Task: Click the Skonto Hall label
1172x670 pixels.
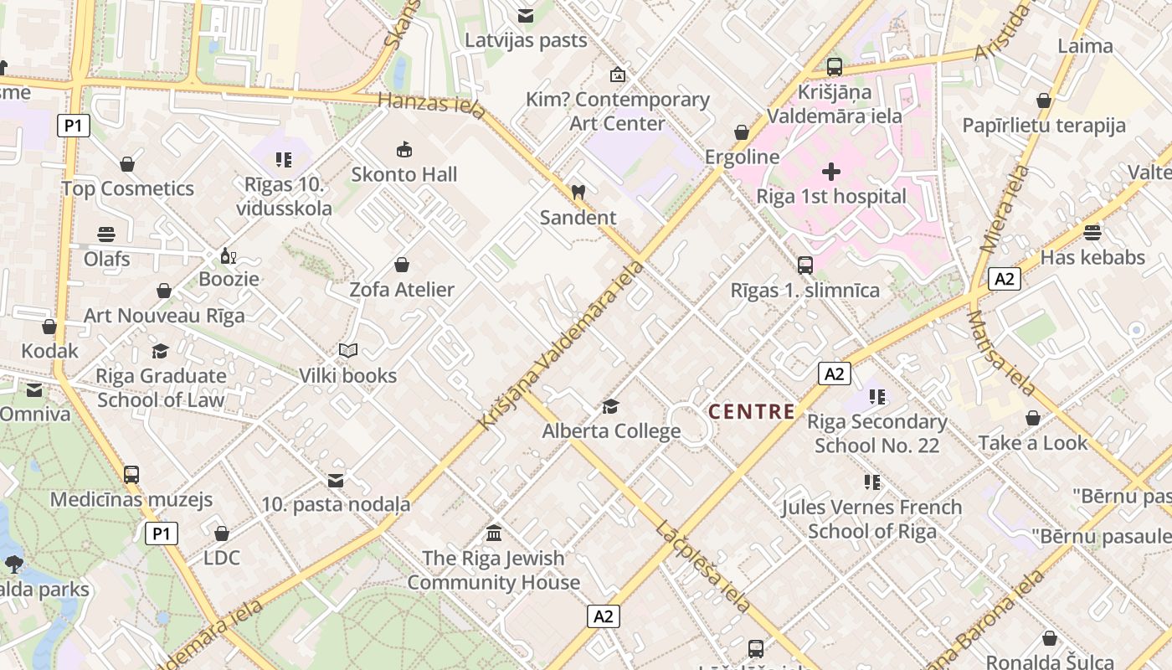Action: [404, 174]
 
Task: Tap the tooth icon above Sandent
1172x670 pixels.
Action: [578, 192]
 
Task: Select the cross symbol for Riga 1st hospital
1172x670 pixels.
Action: [830, 172]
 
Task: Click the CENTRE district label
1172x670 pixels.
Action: [752, 411]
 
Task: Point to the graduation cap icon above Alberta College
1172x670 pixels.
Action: [611, 407]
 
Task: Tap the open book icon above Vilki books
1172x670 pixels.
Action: [347, 351]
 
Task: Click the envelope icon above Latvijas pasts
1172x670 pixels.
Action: [526, 15]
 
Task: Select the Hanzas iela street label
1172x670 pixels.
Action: [431, 106]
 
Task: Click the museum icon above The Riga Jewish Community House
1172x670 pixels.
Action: [494, 533]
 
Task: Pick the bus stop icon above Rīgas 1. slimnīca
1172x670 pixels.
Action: [804, 265]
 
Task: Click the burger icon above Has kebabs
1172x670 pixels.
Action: [1092, 232]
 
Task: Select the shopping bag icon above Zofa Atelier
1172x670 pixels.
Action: [402, 265]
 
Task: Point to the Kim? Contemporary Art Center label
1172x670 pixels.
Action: [617, 111]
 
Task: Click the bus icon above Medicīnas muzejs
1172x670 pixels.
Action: [131, 474]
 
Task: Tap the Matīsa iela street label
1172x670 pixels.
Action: [1001, 353]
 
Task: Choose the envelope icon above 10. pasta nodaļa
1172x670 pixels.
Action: [336, 480]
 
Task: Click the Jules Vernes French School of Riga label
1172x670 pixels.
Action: [871, 518]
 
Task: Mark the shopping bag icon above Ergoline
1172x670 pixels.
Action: [742, 132]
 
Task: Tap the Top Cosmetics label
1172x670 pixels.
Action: [127, 188]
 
